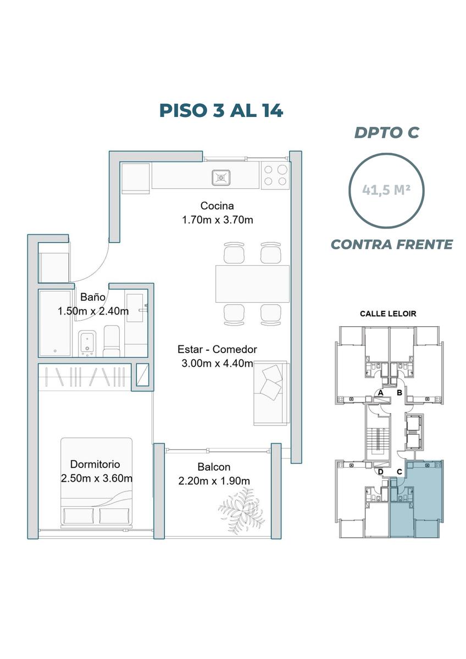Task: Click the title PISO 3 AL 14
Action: (x=221, y=110)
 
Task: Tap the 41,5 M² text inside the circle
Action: (x=386, y=191)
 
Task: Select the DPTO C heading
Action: (x=387, y=132)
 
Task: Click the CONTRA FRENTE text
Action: (x=392, y=244)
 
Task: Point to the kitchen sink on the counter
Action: (x=221, y=178)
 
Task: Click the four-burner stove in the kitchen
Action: (x=275, y=175)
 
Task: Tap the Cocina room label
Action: (x=217, y=205)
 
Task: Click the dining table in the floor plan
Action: (x=252, y=284)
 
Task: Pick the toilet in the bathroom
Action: (x=112, y=341)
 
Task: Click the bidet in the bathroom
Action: (x=87, y=344)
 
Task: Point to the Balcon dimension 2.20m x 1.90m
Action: (x=214, y=481)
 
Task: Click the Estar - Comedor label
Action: (x=217, y=349)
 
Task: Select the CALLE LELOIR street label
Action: (x=388, y=314)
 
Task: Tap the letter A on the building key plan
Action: (x=380, y=393)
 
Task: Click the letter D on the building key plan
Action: (x=381, y=472)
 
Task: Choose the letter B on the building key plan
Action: (x=400, y=393)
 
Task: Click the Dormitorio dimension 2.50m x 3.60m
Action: (x=97, y=478)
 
